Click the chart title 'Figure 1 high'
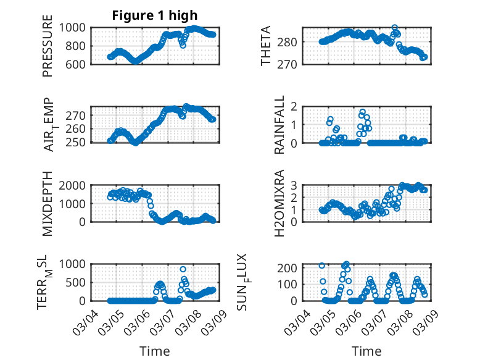[155, 15]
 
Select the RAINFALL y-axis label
[279, 125]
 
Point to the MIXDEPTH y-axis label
[48, 204]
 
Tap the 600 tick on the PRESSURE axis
[79, 64]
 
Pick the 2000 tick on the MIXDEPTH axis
[75, 185]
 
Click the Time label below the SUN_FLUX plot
[366, 351]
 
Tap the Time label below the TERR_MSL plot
[154, 351]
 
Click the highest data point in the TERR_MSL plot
[183, 269]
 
